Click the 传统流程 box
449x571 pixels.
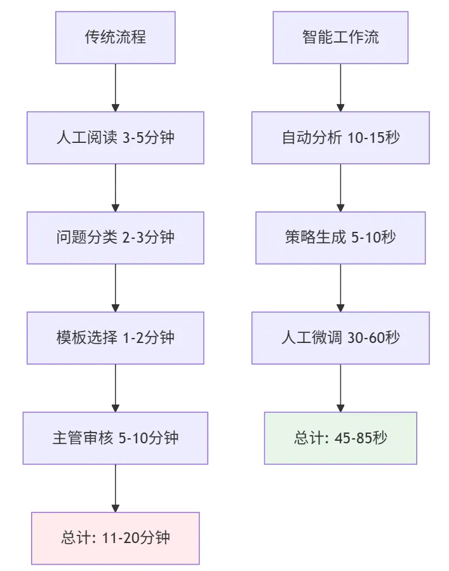115,37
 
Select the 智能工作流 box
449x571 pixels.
340,37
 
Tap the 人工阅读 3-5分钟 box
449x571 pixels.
115,138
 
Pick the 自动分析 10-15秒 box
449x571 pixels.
340,138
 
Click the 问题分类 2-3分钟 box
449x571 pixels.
115,238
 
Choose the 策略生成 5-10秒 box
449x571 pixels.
340,238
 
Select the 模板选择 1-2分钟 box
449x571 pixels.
115,338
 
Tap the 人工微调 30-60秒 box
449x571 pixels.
340,338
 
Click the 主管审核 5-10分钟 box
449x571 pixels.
115,438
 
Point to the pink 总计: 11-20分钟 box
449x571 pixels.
115,538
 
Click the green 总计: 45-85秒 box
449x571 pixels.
340,438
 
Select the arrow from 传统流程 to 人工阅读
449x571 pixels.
115,88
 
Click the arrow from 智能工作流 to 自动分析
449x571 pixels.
340,88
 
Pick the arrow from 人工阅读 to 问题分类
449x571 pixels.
115,188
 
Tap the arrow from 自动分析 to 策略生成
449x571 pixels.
340,188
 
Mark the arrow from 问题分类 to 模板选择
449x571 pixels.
115,288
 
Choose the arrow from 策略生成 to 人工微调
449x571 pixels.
340,288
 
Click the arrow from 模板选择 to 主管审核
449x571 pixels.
115,388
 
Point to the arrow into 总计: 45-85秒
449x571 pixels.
340,388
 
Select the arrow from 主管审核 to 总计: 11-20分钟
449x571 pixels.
115,488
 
